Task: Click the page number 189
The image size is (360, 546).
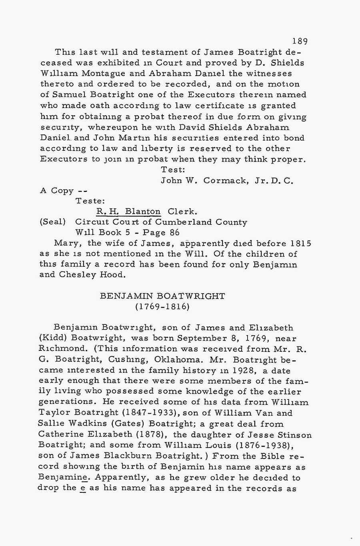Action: coord(300,41)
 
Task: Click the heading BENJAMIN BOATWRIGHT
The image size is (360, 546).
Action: coord(162,296)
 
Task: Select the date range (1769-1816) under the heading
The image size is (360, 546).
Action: coord(162,307)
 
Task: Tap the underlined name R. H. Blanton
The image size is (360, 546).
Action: coord(128,211)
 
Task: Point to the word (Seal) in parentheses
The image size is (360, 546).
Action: coord(53,222)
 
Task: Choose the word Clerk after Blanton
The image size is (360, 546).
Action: coord(182,211)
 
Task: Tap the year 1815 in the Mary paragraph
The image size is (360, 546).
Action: coord(301,243)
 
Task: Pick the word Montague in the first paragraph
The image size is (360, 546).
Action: coord(107,74)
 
